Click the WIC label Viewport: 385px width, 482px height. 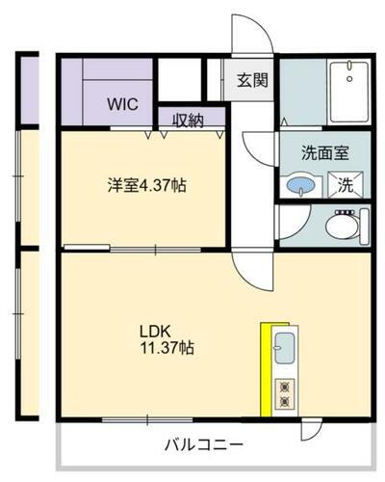coord(122,101)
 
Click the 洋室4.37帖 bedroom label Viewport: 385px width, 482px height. coord(146,185)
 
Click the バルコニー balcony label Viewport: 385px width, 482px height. coord(202,445)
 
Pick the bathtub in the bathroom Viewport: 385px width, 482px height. coord(347,92)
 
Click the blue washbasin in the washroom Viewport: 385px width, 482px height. coord(300,184)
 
